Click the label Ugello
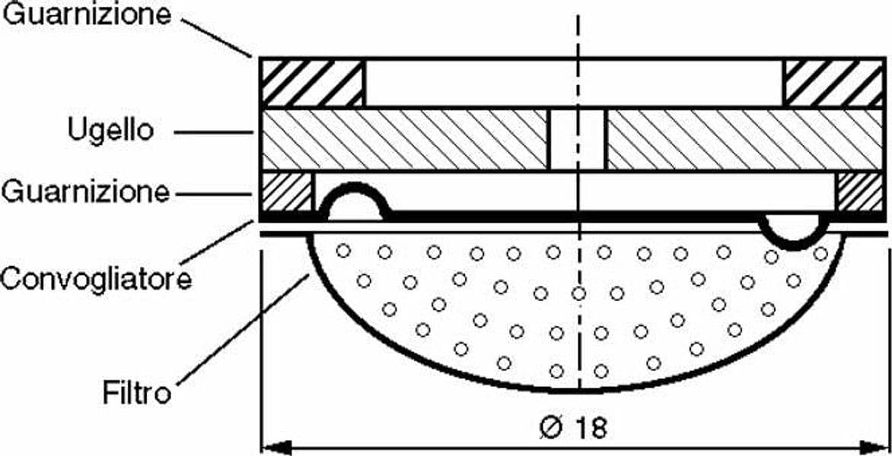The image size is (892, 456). click(111, 131)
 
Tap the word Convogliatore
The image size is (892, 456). click(96, 279)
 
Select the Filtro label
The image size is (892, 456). click(137, 392)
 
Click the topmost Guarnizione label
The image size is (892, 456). click(87, 14)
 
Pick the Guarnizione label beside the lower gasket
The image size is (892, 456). click(85, 192)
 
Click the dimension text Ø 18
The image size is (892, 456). click(573, 427)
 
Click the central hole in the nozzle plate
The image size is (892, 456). click(578, 139)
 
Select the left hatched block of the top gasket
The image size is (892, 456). click(312, 83)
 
